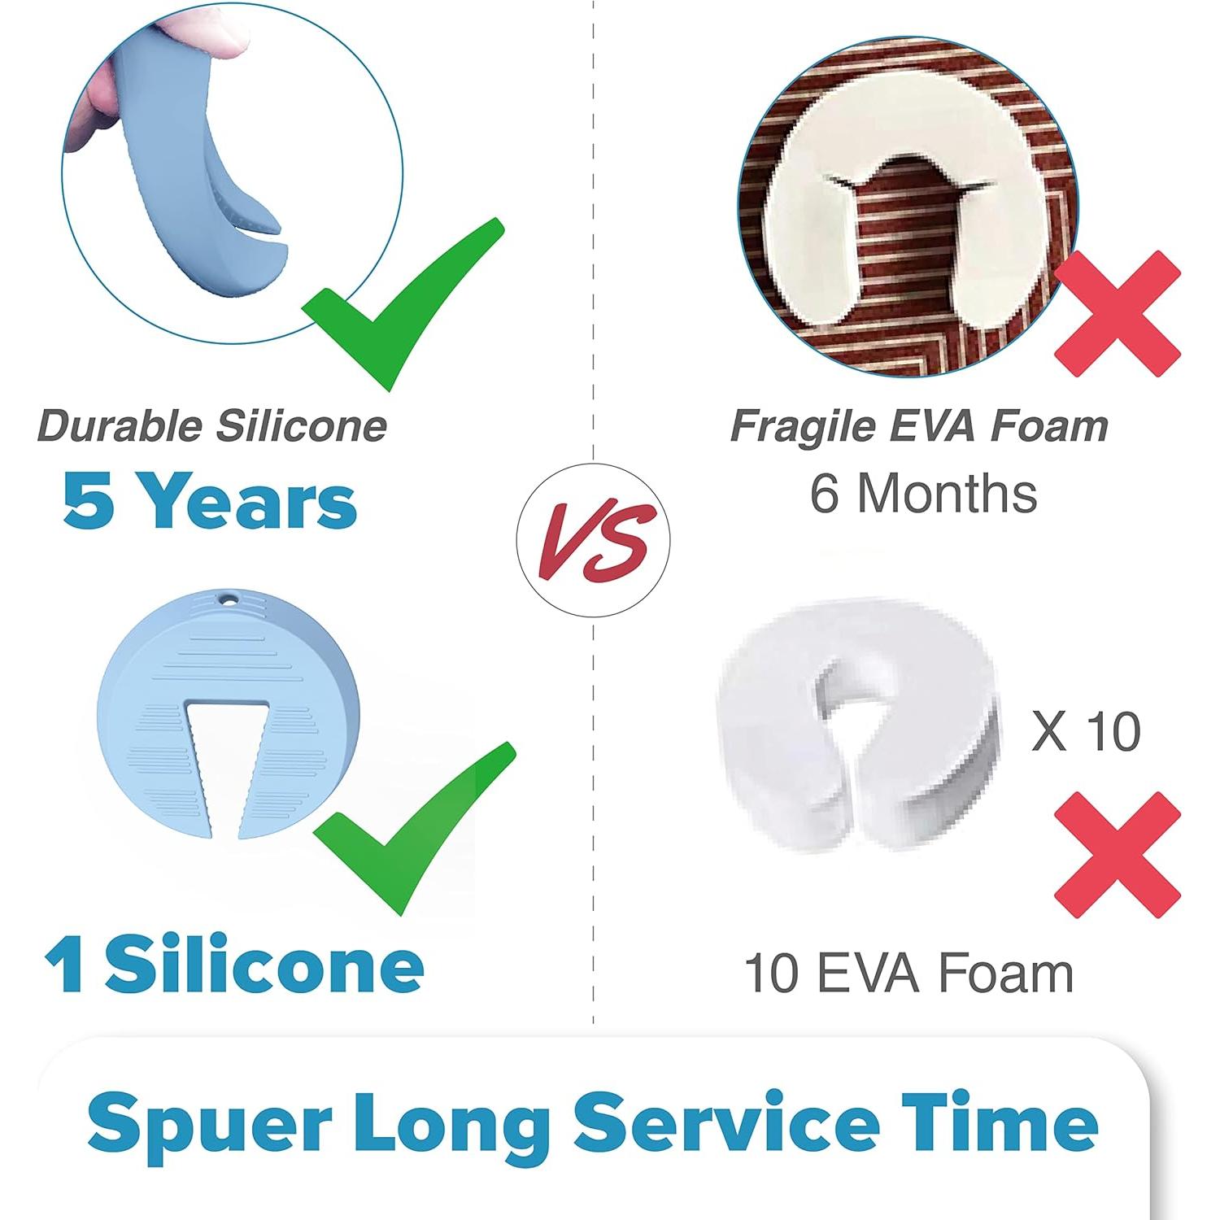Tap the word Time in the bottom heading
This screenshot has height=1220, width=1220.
(1000, 1123)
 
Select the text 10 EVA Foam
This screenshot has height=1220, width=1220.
(908, 974)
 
